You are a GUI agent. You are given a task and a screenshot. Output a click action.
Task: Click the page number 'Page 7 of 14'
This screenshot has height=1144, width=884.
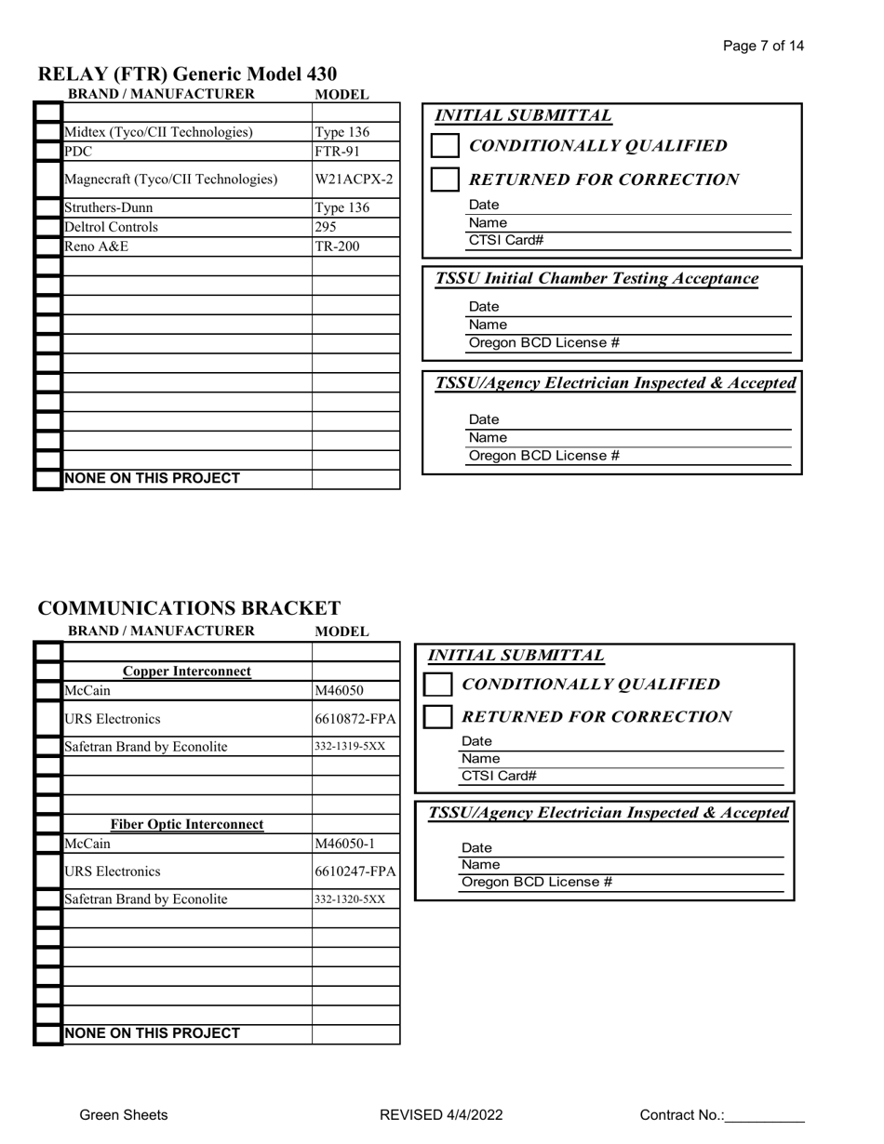763,46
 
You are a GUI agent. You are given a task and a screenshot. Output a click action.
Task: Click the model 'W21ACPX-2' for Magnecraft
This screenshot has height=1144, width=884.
354,179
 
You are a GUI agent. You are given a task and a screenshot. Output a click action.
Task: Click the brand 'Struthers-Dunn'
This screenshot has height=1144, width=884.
108,207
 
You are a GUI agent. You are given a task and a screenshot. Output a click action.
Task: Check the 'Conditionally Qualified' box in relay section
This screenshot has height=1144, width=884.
446,146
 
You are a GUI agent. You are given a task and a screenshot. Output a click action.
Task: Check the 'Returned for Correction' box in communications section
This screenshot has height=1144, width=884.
437,717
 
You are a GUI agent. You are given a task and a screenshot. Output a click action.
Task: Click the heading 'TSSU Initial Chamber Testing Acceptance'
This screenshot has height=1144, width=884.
596,278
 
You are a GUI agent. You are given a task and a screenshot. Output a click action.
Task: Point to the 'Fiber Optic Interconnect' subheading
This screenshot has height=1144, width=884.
187,824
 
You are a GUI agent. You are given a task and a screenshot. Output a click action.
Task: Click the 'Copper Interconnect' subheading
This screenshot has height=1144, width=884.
187,672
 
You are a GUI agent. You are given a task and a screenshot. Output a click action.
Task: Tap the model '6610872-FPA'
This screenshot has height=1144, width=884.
355,719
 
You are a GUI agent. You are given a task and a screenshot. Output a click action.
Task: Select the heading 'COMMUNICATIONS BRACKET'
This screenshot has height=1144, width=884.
189,608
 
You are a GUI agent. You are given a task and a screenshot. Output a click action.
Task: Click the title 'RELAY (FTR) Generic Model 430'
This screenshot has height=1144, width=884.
187,73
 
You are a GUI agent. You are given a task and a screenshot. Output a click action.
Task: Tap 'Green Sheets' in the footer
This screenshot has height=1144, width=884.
124,1115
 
